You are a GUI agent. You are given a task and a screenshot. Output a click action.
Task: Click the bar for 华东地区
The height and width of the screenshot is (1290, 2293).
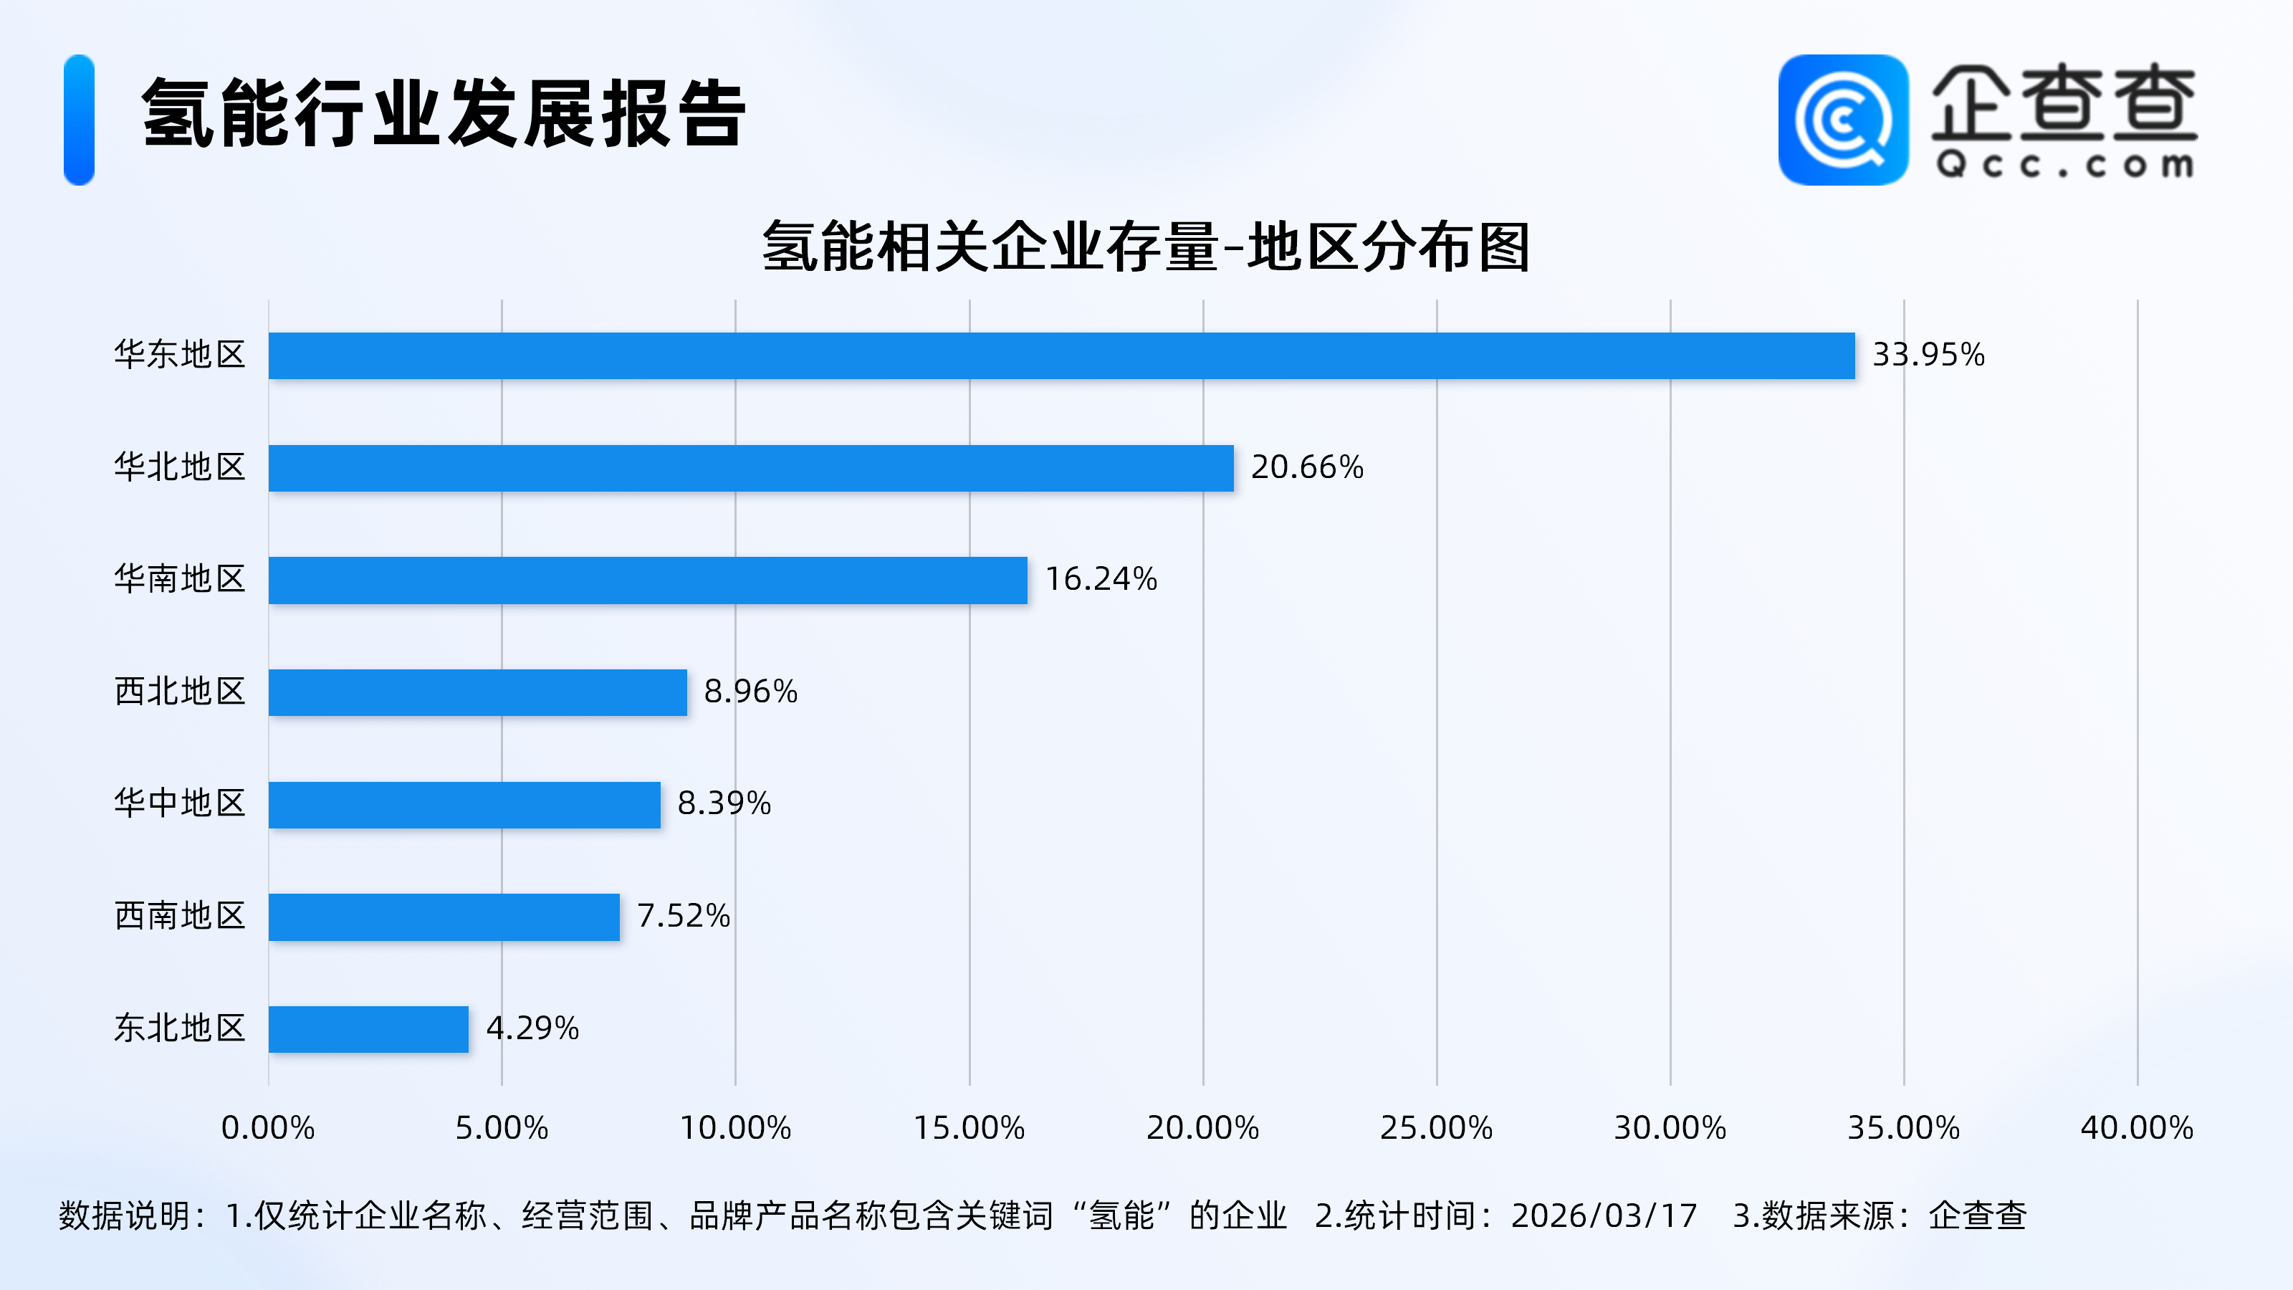pos(1061,356)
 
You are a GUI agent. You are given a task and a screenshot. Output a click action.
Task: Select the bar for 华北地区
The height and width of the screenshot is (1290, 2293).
pos(750,468)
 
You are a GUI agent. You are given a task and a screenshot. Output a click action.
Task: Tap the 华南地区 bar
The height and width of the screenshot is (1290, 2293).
pos(647,580)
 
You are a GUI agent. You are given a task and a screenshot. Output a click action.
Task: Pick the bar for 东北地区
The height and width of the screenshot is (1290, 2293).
pos(368,1029)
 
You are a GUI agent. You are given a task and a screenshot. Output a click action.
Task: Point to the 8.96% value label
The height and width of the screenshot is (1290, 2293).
pos(750,692)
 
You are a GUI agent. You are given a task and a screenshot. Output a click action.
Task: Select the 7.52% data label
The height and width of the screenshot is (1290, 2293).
pos(683,916)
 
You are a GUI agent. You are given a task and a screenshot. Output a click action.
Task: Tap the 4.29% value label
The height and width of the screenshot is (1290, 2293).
pos(532,1028)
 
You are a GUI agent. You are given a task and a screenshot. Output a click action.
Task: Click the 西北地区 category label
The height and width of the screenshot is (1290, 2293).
pos(180,692)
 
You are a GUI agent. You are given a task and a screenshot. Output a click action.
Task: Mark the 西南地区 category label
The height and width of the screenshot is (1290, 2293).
pos(180,916)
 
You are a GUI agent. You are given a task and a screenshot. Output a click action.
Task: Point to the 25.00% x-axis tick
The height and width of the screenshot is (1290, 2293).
pos(1436,1128)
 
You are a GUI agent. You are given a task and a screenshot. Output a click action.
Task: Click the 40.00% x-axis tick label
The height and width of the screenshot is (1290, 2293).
pos(2136,1128)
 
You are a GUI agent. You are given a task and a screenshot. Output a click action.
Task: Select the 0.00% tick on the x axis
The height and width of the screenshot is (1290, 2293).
pos(268,1128)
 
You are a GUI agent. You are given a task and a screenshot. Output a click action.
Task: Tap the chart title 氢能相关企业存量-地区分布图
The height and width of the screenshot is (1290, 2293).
pos(1146,247)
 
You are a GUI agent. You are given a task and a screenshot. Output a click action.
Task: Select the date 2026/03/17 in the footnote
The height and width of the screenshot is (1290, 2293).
pos(1604,1216)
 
